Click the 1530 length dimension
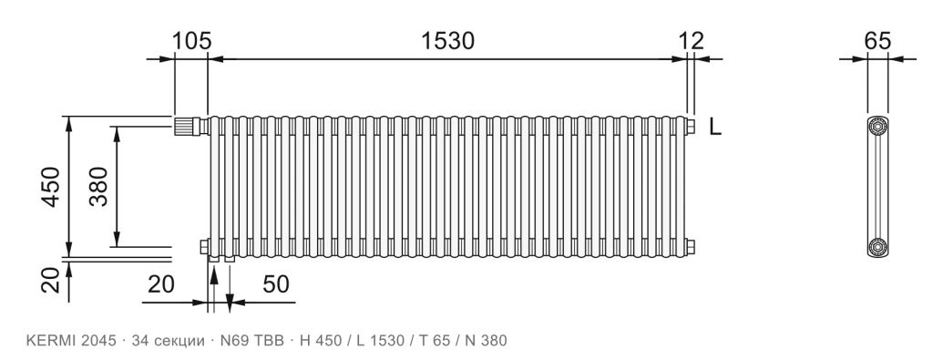(447, 41)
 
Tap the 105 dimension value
(191, 41)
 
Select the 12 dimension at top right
(692, 41)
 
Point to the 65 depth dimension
(877, 41)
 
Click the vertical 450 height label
(51, 187)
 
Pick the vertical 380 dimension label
(98, 186)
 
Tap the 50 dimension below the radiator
(276, 284)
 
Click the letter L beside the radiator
(715, 126)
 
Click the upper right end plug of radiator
(691, 126)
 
